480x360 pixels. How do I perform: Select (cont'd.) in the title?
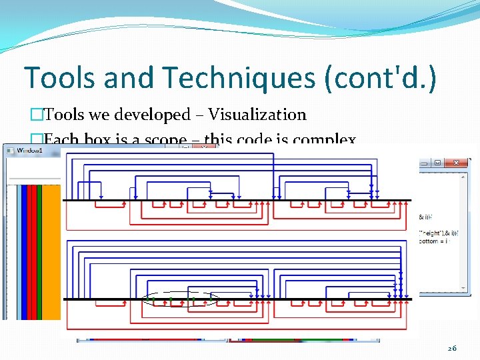(x=380, y=79)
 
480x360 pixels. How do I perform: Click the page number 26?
(x=452, y=349)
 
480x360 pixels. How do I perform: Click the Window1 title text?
(x=29, y=151)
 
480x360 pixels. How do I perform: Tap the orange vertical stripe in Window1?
(x=51, y=253)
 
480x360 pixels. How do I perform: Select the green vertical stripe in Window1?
(x=39, y=253)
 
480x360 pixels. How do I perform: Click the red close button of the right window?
(x=457, y=163)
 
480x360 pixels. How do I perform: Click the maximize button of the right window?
(x=437, y=163)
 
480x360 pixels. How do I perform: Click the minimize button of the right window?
(x=424, y=163)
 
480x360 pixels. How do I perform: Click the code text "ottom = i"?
(x=437, y=241)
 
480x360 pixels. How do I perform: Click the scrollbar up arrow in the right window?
(x=463, y=177)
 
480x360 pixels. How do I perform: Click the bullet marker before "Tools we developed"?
(x=37, y=115)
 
